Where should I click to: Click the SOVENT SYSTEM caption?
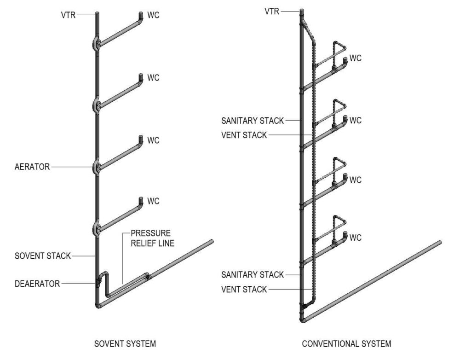pos(125,343)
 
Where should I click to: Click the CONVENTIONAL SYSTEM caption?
pos(346,343)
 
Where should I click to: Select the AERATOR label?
pos(32,167)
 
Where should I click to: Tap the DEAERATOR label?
pos(37,284)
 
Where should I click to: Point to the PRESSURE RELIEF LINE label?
pos(152,238)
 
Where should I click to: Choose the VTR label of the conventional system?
pos(272,11)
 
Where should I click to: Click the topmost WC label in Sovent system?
pos(153,15)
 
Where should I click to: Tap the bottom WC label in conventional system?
pos(356,238)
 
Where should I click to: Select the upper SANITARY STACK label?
pos(253,121)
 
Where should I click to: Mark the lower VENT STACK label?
pos(244,289)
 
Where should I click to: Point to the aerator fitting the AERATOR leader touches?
pos(97,167)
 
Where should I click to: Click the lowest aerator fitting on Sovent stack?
pos(97,228)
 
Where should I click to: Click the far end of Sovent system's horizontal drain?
pos(212,241)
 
